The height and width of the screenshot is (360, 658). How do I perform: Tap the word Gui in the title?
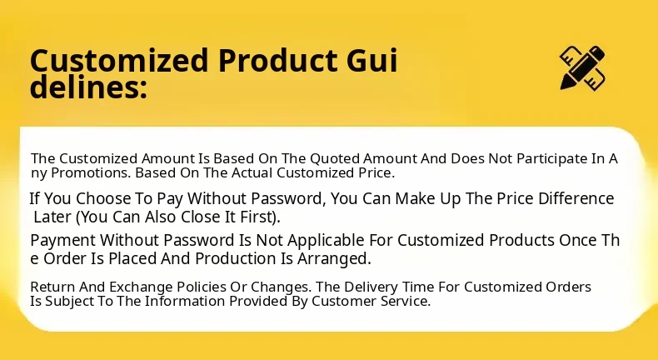pyautogui.click(x=371, y=61)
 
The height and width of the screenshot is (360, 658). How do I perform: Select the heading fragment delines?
pyautogui.click(x=88, y=87)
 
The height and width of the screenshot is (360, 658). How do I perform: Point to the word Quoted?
pyautogui.click(x=336, y=159)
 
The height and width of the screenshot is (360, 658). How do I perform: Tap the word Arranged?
pyautogui.click(x=334, y=259)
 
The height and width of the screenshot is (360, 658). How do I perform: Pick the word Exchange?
pyautogui.click(x=141, y=287)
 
